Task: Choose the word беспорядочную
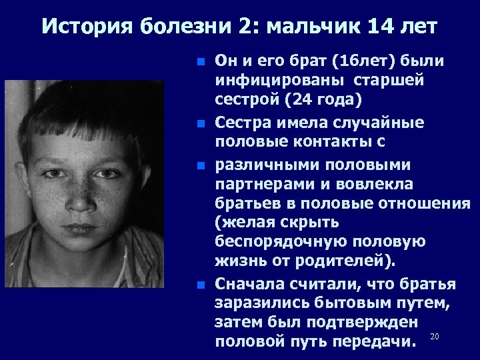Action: (x=275, y=241)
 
